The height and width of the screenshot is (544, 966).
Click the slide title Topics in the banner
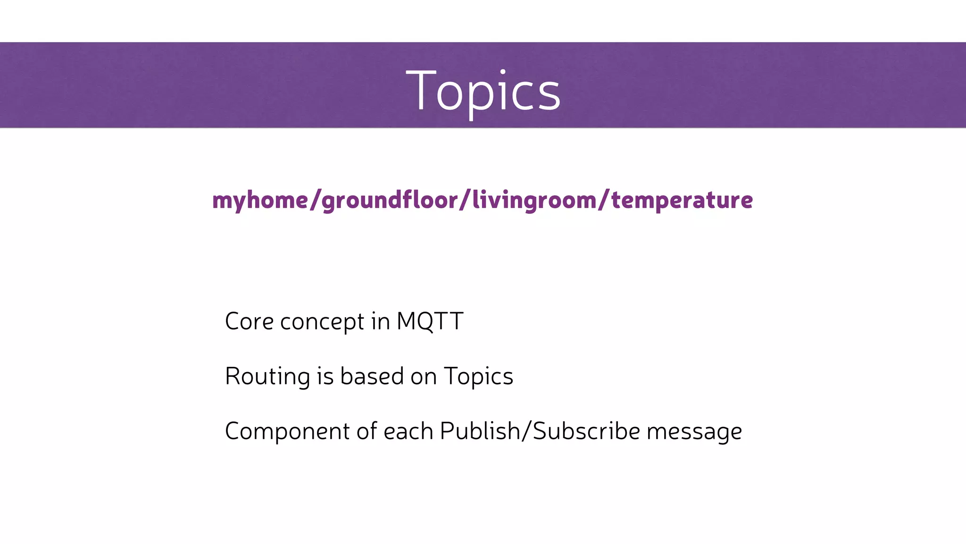click(x=483, y=91)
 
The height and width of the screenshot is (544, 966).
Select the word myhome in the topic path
click(x=260, y=200)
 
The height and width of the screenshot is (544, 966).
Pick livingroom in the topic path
click(x=534, y=200)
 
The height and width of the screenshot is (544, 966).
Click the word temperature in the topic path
click(x=682, y=200)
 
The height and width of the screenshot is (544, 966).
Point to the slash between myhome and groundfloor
click(x=315, y=200)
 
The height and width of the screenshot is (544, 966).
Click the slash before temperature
click(x=604, y=200)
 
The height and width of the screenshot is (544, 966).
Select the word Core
click(x=249, y=322)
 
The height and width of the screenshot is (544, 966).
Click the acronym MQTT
click(x=430, y=322)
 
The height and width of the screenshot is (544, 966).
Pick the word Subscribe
click(x=586, y=431)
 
